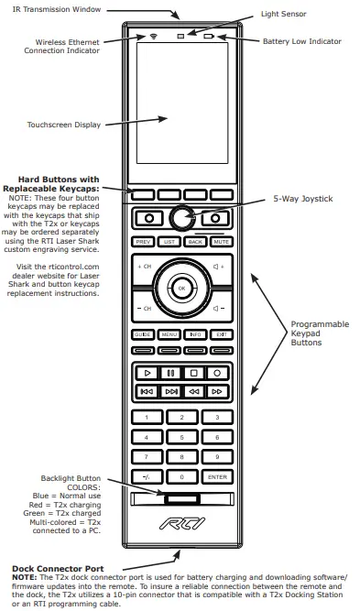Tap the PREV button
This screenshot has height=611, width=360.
tap(143, 242)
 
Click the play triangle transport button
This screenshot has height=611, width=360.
tap(145, 373)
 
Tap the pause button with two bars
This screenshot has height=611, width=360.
tap(169, 373)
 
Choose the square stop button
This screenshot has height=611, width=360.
tap(193, 373)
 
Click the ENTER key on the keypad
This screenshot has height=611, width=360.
tap(217, 476)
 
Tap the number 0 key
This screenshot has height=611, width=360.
tap(181, 476)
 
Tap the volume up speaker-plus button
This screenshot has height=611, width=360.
tap(218, 266)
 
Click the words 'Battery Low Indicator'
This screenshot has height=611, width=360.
tap(301, 41)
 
